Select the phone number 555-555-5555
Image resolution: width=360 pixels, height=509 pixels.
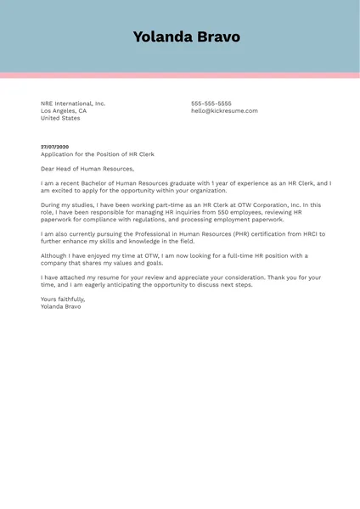pyautogui.click(x=211, y=103)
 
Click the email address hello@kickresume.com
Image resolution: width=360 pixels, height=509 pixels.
pyautogui.click(x=224, y=111)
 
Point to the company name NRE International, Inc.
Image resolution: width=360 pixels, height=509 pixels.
pyautogui.click(x=73, y=103)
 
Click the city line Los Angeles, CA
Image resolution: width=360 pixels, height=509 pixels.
pyautogui.click(x=64, y=111)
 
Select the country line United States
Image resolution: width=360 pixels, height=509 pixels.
pyautogui.click(x=60, y=119)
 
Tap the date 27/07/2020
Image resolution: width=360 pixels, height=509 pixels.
pyautogui.click(x=54, y=147)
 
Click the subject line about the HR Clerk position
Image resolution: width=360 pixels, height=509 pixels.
pyautogui.click(x=98, y=154)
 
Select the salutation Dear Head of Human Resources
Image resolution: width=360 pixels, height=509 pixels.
pyautogui.click(x=87, y=169)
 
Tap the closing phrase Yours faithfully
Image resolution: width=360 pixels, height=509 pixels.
pyautogui.click(x=63, y=299)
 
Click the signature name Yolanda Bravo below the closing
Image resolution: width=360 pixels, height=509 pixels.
pyautogui.click(x=61, y=306)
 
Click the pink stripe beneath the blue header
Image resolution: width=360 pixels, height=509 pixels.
pyautogui.click(x=180, y=76)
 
